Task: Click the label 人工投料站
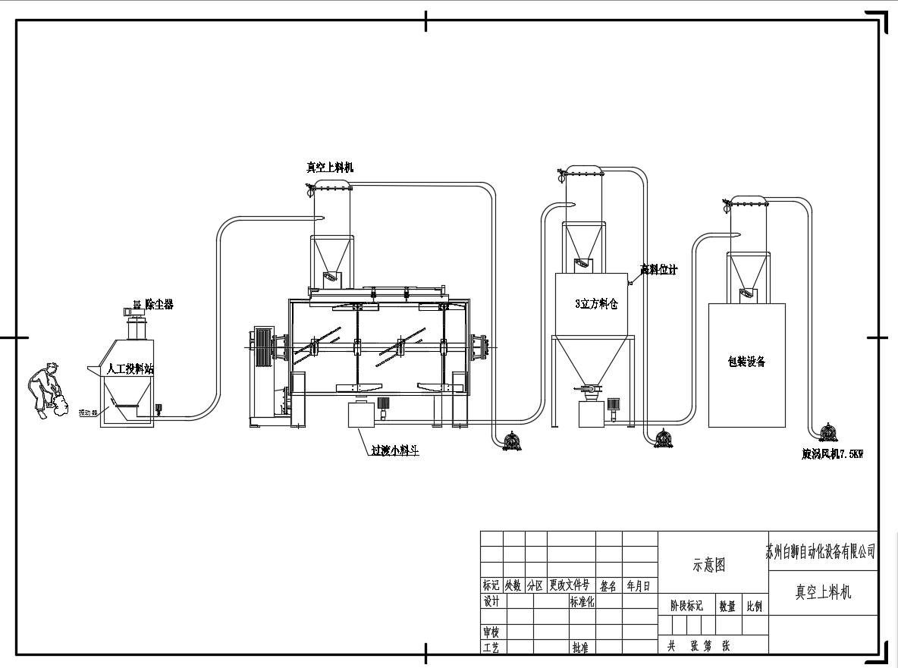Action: coord(130,369)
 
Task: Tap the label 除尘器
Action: coord(159,305)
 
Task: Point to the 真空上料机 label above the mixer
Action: coord(329,168)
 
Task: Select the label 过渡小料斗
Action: coord(394,450)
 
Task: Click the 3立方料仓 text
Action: coord(596,303)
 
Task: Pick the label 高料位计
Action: coord(658,269)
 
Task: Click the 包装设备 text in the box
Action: coord(746,362)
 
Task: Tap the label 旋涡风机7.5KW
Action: coord(832,454)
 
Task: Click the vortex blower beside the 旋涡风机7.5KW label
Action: coord(827,433)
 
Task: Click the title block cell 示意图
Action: coord(709,565)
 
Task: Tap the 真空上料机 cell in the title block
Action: coord(823,591)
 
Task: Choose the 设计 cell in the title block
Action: coord(491,601)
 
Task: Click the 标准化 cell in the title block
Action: coord(582,601)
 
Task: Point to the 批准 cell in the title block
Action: coord(580,648)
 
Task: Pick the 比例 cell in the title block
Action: coord(755,607)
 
